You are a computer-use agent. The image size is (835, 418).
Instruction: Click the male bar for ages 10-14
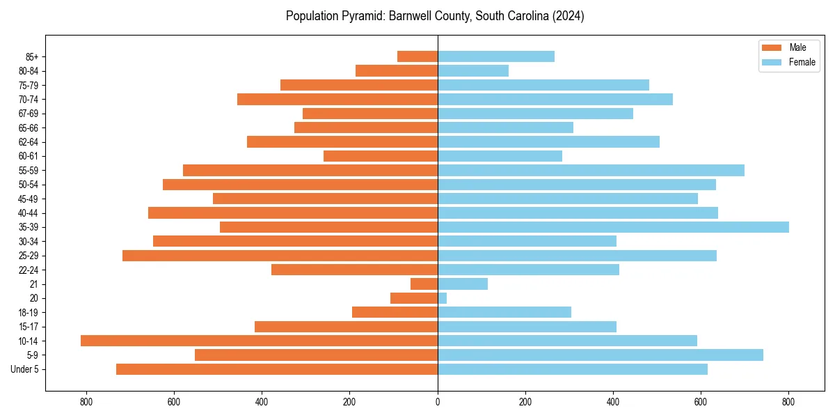click(x=259, y=341)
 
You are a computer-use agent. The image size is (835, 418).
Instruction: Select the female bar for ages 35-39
click(x=613, y=227)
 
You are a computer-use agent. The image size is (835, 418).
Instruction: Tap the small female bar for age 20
click(x=443, y=298)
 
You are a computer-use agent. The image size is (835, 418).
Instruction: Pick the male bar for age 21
click(x=424, y=284)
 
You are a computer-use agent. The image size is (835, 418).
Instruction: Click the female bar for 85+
click(x=496, y=56)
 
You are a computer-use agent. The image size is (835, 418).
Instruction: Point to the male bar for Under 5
click(x=277, y=369)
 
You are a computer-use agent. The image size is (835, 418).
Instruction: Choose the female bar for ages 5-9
click(x=601, y=355)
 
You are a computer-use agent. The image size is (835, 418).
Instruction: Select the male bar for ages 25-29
click(x=280, y=256)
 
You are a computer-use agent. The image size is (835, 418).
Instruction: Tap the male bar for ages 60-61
click(x=381, y=156)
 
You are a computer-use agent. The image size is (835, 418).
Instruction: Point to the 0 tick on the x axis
click(x=438, y=401)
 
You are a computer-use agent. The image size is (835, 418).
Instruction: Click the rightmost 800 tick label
click(x=788, y=401)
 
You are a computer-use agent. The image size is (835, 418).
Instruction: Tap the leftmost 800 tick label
click(x=86, y=401)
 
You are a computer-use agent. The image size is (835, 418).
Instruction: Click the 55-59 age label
click(x=28, y=171)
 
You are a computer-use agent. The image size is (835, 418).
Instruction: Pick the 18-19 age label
click(x=28, y=313)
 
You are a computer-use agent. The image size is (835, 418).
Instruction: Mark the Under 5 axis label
click(x=24, y=369)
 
